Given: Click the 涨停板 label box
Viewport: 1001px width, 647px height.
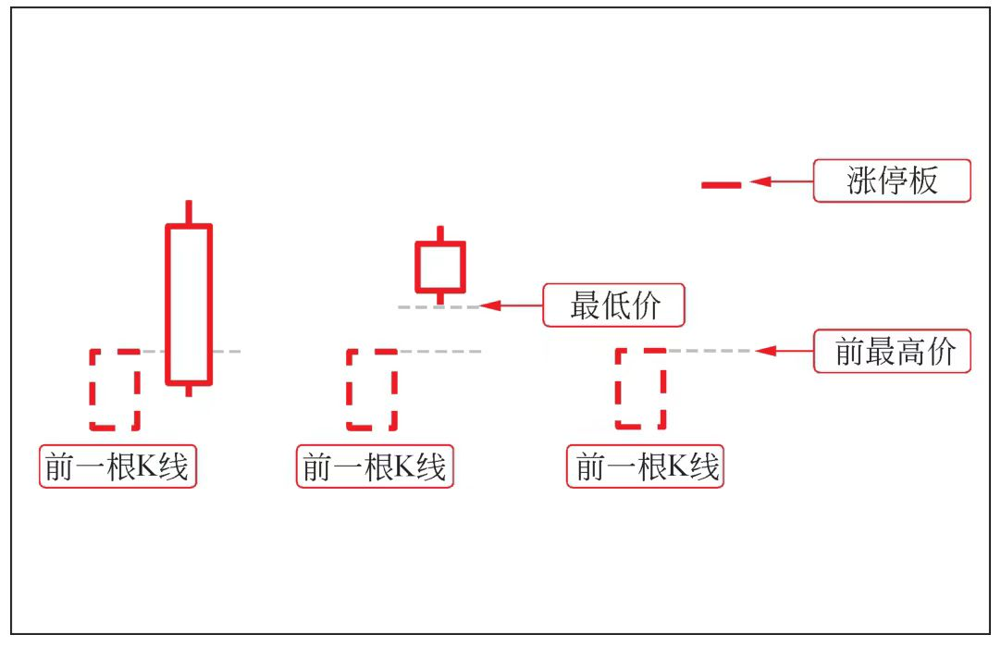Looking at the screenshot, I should pyautogui.click(x=892, y=180).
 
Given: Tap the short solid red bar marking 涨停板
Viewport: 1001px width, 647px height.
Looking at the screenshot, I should pyautogui.click(x=721, y=185).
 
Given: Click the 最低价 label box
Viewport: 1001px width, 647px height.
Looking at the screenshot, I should pyautogui.click(x=613, y=305).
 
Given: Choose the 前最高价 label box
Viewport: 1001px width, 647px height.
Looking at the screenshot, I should pyautogui.click(x=892, y=351).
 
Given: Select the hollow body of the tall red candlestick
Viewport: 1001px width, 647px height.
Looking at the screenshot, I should pyautogui.click(x=189, y=304).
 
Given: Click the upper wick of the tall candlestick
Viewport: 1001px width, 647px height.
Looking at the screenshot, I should pyautogui.click(x=189, y=212).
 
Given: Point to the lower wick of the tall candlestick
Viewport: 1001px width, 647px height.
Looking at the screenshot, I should pyautogui.click(x=189, y=390).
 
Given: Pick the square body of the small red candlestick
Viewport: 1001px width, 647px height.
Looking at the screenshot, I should pyautogui.click(x=439, y=267).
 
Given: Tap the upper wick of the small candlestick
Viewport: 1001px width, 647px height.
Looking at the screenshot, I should pyautogui.click(x=439, y=233).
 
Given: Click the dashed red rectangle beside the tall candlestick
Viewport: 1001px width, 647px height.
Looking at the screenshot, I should pyautogui.click(x=115, y=389).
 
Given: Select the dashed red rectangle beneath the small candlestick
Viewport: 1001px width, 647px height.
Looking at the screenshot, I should pyautogui.click(x=371, y=389).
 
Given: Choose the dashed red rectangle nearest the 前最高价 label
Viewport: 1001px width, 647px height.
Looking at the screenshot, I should pyautogui.click(x=640, y=388).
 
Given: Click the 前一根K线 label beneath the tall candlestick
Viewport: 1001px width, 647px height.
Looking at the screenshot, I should pyautogui.click(x=118, y=467).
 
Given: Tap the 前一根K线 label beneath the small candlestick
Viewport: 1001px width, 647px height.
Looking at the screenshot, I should pyautogui.click(x=375, y=467).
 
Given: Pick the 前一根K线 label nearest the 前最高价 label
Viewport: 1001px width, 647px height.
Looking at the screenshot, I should pyautogui.click(x=645, y=467).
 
